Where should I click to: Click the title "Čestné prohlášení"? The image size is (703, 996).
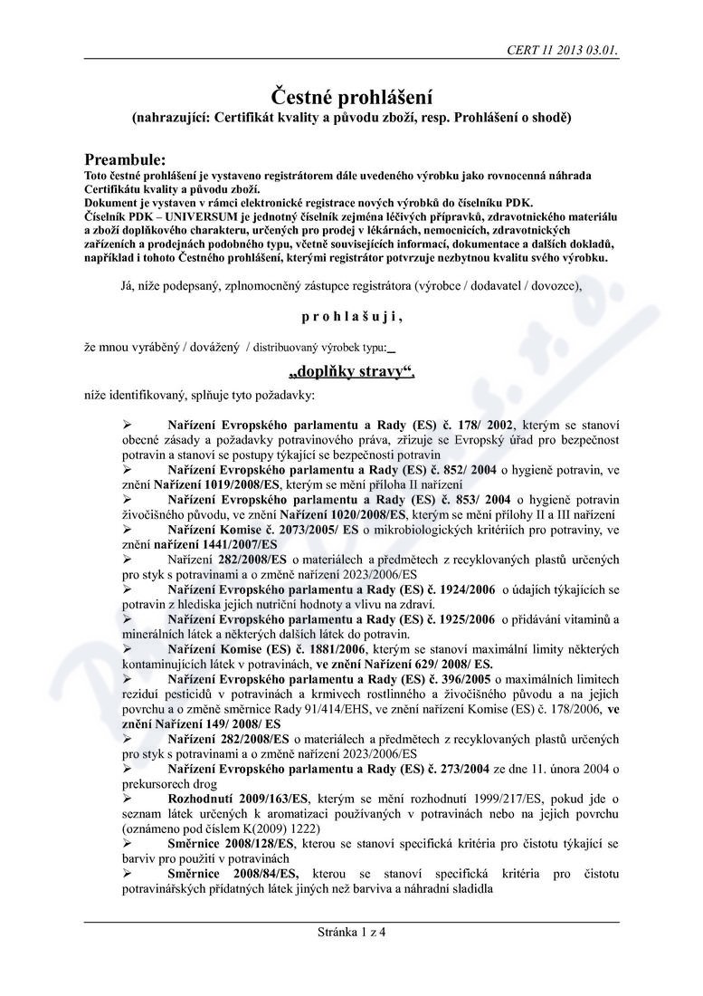352,97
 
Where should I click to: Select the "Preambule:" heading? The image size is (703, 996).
125,158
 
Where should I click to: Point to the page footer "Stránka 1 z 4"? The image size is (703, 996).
351,934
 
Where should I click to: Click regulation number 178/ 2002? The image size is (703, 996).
482,425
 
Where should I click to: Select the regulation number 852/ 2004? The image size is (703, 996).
467,471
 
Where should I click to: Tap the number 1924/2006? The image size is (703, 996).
465,590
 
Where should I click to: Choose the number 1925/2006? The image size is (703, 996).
465,619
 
